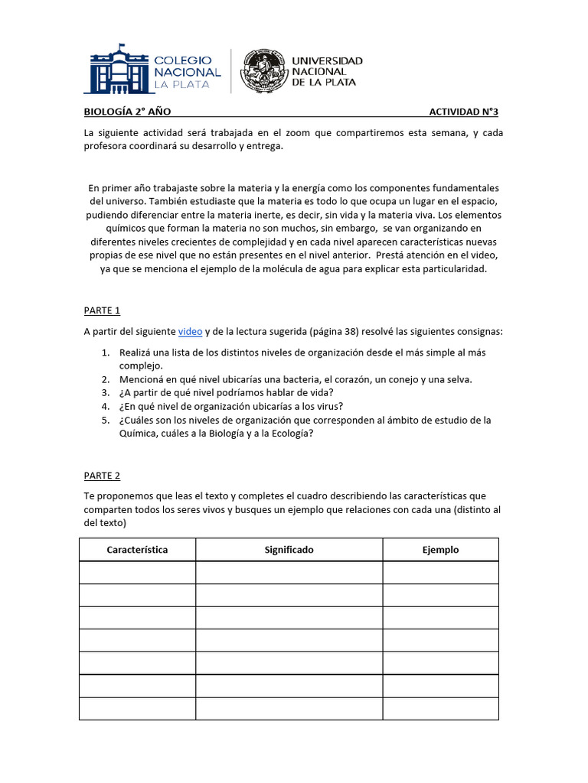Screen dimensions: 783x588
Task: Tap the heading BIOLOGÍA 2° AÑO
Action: pos(122,112)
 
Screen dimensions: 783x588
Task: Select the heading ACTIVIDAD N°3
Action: pos(463,112)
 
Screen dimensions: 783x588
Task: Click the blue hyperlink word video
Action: pos(190,331)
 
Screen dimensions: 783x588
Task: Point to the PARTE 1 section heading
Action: pos(102,310)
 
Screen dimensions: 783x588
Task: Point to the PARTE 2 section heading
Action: pos(102,476)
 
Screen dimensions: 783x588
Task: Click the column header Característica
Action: pos(137,550)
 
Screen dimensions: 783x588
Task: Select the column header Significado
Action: pos(289,550)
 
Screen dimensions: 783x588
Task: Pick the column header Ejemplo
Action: pos(440,550)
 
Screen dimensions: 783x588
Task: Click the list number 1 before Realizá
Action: pos(105,353)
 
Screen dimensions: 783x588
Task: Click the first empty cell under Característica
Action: pos(137,573)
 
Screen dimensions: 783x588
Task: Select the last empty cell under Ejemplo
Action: pos(440,709)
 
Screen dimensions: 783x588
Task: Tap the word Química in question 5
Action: pos(139,434)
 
